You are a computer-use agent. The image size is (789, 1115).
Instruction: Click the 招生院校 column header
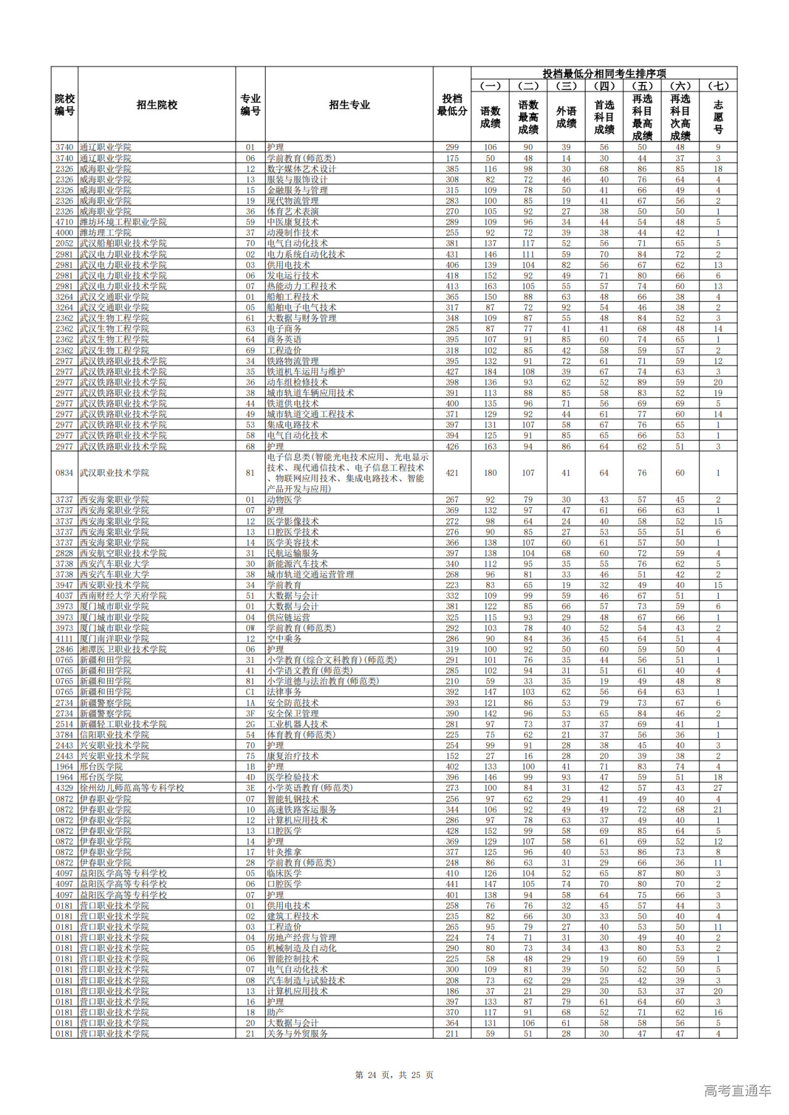[157, 105]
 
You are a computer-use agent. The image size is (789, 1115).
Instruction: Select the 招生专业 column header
[349, 105]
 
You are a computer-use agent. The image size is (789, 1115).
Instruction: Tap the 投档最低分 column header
[452, 105]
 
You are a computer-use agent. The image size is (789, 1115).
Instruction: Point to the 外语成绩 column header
[566, 117]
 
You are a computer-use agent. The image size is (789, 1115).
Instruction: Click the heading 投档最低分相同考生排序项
[603, 73]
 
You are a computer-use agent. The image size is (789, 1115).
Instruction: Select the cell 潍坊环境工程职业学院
[123, 222]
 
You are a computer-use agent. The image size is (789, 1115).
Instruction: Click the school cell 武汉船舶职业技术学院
[123, 243]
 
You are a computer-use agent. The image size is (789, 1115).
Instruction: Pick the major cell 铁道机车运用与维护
[306, 371]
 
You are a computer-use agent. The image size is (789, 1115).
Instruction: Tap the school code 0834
[64, 473]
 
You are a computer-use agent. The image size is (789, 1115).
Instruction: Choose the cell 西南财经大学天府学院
[123, 596]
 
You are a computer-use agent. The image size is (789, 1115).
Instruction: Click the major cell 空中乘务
[284, 639]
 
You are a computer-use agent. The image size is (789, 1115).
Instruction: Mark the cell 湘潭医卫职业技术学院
[123, 649]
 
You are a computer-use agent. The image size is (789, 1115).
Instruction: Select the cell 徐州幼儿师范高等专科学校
[132, 788]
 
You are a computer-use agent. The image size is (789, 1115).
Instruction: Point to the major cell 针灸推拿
[284, 852]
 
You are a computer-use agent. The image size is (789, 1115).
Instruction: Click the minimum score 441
[452, 884]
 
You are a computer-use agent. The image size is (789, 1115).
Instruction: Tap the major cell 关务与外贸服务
[297, 1034]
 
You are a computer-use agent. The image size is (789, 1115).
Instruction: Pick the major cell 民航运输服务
[293, 553]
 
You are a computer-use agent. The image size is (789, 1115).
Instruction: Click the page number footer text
[394, 1075]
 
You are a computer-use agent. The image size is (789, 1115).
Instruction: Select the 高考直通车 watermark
[737, 1090]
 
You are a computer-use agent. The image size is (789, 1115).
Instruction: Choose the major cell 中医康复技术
[293, 222]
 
